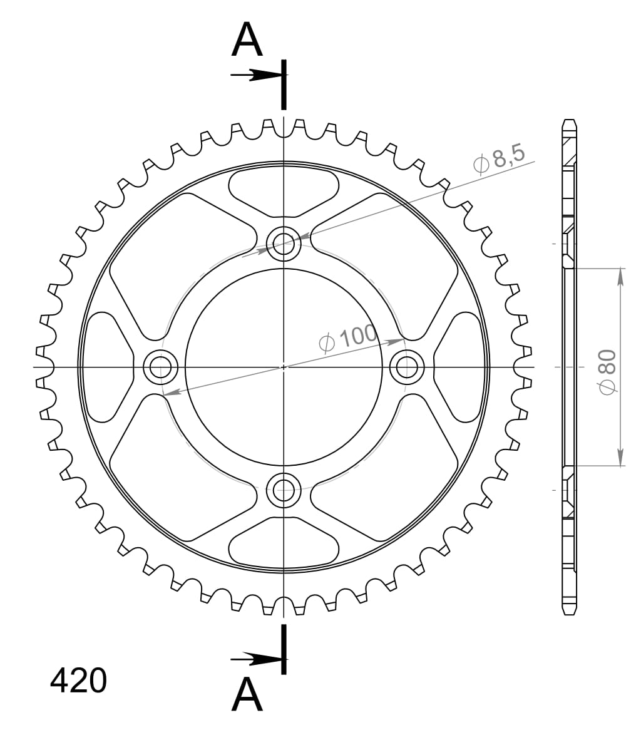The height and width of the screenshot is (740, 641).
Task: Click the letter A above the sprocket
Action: [x=247, y=40]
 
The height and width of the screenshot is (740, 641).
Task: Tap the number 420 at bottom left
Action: [x=78, y=680]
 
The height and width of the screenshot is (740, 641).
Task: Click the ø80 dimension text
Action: [x=607, y=372]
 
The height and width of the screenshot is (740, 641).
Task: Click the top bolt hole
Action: [x=284, y=244]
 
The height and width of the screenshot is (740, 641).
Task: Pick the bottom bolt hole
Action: [x=284, y=490]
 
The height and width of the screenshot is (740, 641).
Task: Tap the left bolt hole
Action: [x=160, y=367]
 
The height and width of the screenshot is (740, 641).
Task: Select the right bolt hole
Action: [x=407, y=367]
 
